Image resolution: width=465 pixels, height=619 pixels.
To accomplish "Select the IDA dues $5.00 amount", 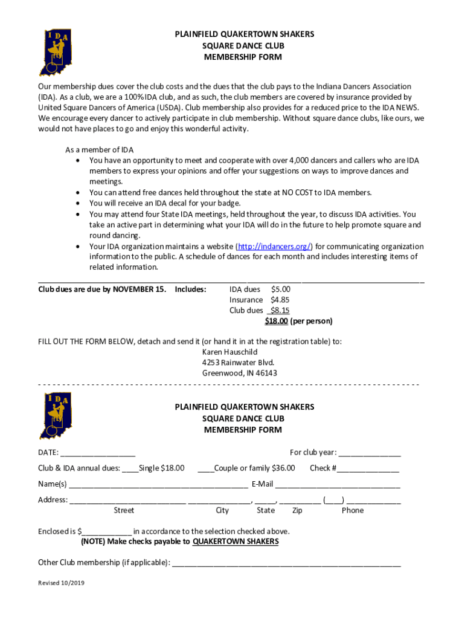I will pyautogui.click(x=281, y=290).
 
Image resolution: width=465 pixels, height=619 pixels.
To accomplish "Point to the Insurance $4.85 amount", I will pyautogui.click(x=280, y=300).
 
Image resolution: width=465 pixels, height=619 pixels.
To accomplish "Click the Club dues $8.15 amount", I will pyautogui.click(x=280, y=311).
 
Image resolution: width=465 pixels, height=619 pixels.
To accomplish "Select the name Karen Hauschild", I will pyautogui.click(x=229, y=352).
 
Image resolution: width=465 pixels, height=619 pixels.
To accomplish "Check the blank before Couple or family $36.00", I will pyautogui.click(x=205, y=468).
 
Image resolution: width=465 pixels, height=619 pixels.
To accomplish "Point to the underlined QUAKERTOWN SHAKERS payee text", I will pyautogui.click(x=236, y=542).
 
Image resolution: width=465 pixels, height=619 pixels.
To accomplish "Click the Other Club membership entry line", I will pyautogui.click(x=286, y=563).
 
